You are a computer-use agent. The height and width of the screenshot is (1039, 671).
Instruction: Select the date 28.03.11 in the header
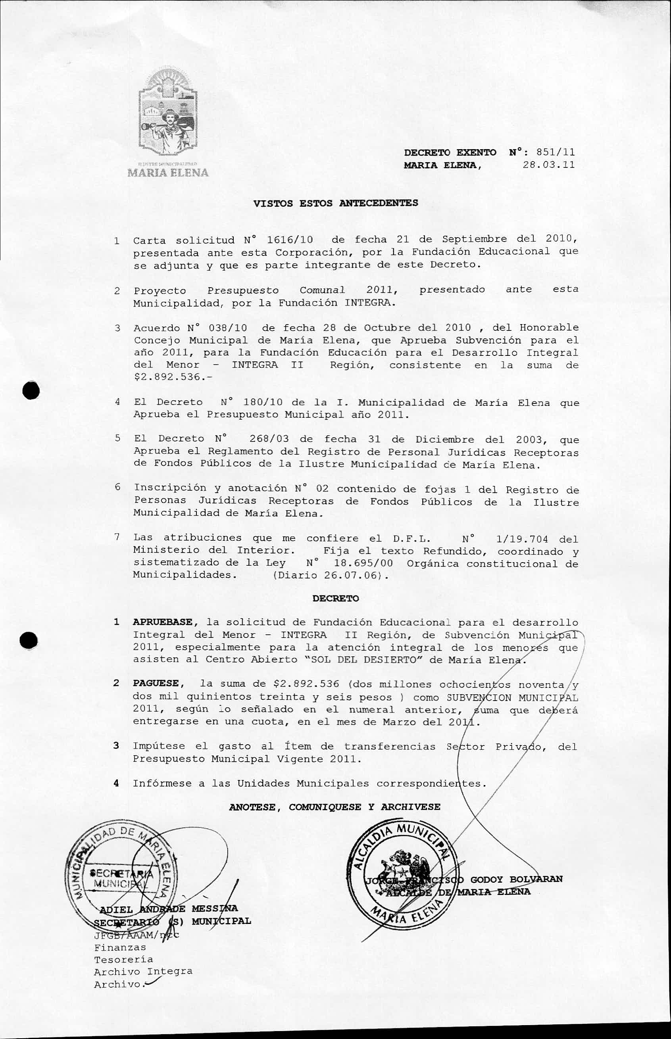(548, 165)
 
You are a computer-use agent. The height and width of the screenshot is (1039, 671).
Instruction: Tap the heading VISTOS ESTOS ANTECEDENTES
(336, 203)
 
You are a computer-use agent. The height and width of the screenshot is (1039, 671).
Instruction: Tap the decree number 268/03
(269, 439)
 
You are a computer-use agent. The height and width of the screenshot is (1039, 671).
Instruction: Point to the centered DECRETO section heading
(336, 598)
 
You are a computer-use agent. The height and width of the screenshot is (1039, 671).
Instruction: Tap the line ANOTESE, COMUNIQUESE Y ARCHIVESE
(335, 807)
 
